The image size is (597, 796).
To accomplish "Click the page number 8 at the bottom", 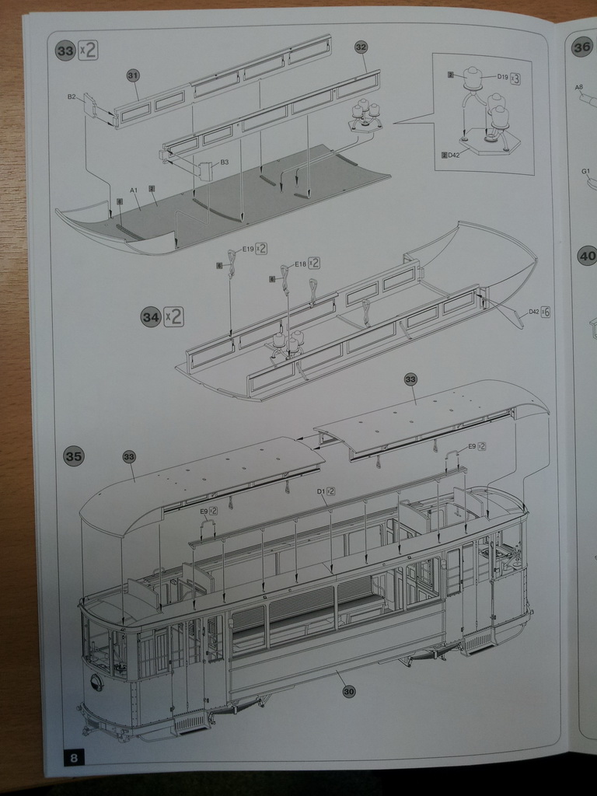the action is [x=73, y=757].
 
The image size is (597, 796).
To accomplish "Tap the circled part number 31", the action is [x=132, y=75].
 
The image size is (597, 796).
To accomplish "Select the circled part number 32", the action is [x=361, y=47].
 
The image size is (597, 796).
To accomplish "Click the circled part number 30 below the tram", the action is [x=348, y=692].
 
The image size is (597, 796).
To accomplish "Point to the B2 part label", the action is [x=72, y=97].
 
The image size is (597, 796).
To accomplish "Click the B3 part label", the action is [x=225, y=162].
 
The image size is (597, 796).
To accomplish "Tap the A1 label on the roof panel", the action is [x=134, y=190].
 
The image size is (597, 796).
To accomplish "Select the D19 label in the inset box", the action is [x=503, y=78].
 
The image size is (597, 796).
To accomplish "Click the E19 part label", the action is [x=248, y=249].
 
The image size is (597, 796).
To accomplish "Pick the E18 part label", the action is [x=300, y=264].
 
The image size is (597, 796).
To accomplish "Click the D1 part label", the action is [x=321, y=491].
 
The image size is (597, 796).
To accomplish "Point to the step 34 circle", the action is [x=151, y=317].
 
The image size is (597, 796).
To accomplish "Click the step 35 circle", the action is [x=73, y=456].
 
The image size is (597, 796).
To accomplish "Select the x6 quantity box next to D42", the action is [x=546, y=312].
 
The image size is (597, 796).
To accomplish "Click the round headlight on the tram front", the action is [x=96, y=683].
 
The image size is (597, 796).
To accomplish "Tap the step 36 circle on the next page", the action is [x=581, y=47].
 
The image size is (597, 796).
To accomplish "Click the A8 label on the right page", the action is [x=579, y=88].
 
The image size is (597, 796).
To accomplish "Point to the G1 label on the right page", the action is [x=585, y=170].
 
